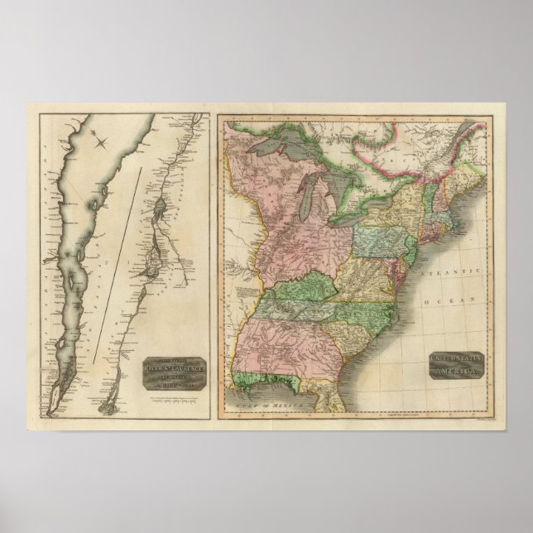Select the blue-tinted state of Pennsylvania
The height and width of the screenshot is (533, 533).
(377, 242)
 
